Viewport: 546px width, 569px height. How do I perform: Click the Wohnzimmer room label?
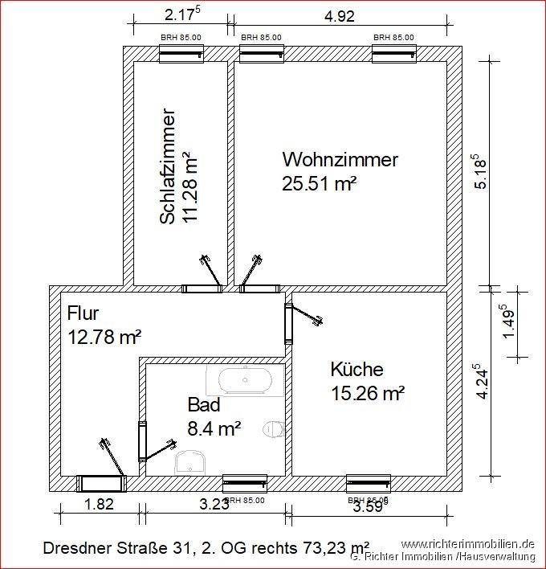point(340,159)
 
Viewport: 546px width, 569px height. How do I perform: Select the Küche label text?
point(357,370)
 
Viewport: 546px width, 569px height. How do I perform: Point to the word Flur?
point(83,313)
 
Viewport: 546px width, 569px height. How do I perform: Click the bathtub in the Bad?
point(245,380)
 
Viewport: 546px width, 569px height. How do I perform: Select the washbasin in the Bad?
point(191,461)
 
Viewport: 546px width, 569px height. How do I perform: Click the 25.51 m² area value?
point(319,183)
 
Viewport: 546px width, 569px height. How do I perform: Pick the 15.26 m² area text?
point(367,394)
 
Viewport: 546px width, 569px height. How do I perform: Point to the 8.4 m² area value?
point(214,428)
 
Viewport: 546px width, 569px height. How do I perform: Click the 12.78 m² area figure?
point(104,338)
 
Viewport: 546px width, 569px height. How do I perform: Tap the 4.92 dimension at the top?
point(339,15)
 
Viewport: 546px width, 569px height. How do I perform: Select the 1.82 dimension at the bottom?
point(99,505)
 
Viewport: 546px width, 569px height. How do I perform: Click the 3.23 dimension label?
point(214,505)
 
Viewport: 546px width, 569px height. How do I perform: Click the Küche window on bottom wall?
point(368,482)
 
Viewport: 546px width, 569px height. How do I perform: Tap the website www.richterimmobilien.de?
point(467,544)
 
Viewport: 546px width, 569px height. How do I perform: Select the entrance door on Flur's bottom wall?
point(102,482)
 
